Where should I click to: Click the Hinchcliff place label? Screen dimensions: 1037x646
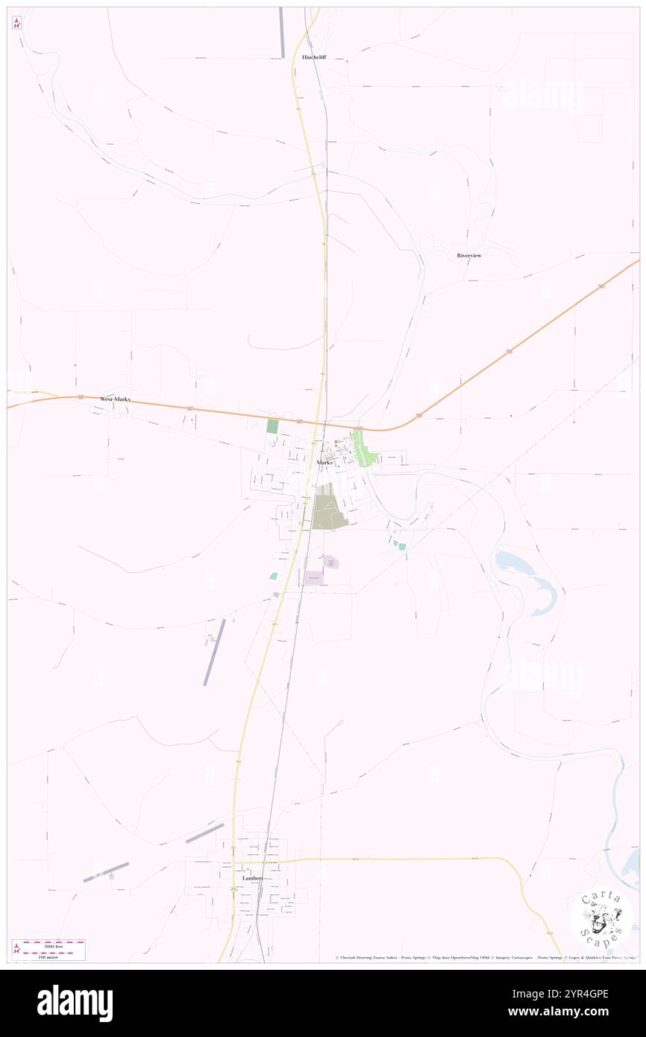point(314,57)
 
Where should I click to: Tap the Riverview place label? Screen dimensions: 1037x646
point(469,255)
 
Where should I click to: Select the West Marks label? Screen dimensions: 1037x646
point(115,399)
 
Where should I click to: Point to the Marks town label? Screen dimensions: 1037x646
point(324,463)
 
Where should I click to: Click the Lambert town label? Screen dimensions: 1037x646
point(252,879)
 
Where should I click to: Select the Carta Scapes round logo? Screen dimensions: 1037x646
point(602,918)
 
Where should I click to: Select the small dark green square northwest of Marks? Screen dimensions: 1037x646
point(272,427)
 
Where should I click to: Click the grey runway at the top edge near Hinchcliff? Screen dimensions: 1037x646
point(282,32)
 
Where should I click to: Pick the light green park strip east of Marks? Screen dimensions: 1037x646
point(365,452)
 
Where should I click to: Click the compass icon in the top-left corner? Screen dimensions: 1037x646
point(16,22)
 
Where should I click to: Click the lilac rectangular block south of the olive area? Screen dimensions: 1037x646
point(314,577)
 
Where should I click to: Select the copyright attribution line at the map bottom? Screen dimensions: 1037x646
point(485,957)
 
